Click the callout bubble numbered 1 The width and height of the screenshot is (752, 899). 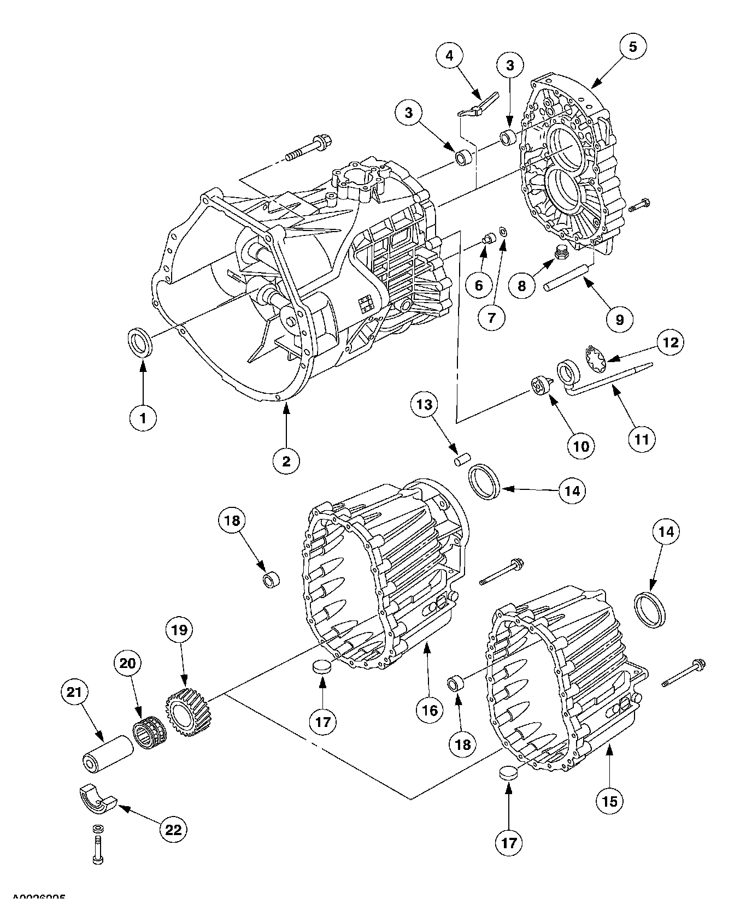[143, 418]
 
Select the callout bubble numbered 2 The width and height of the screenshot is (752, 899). [286, 462]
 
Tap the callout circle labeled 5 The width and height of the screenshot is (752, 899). [632, 47]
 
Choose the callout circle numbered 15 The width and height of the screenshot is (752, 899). [609, 801]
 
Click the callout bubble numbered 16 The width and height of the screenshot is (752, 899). [430, 710]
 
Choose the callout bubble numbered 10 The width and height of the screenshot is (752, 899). [580, 446]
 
